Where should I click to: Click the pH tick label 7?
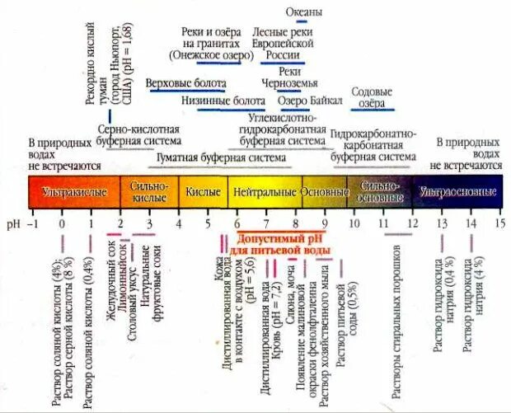266,223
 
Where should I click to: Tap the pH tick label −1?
34,223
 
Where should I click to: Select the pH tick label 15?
499,223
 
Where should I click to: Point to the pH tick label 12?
412,223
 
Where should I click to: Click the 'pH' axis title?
12,223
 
